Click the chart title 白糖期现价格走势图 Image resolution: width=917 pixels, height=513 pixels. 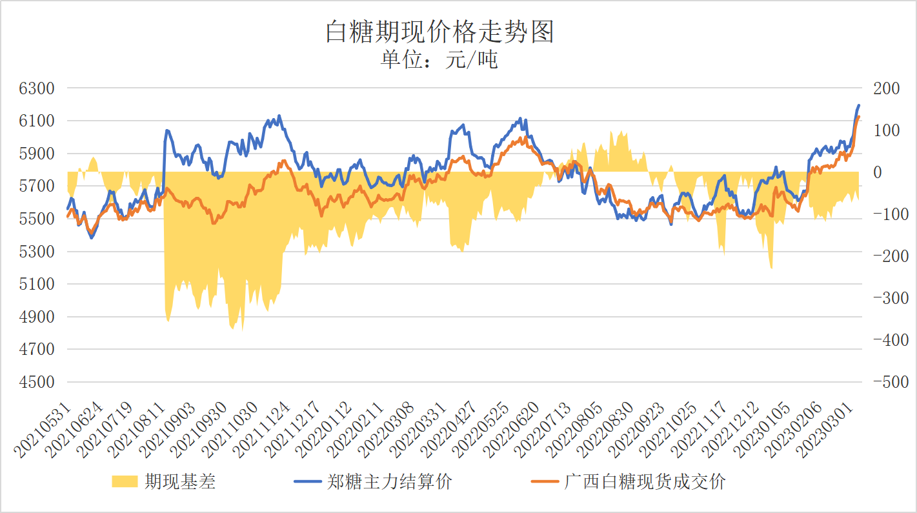(439, 32)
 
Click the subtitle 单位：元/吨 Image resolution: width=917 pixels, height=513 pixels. (439, 60)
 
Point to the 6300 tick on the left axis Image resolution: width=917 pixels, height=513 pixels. (37, 88)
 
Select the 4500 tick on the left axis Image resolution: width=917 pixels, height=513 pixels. (37, 382)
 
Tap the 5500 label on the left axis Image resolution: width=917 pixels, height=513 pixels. (37, 219)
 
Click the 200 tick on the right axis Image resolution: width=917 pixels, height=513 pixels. (886, 88)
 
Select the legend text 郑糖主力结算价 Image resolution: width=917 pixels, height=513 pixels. (390, 481)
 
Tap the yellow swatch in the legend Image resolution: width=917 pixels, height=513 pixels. (125, 481)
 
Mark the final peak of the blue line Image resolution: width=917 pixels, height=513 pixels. (859, 105)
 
